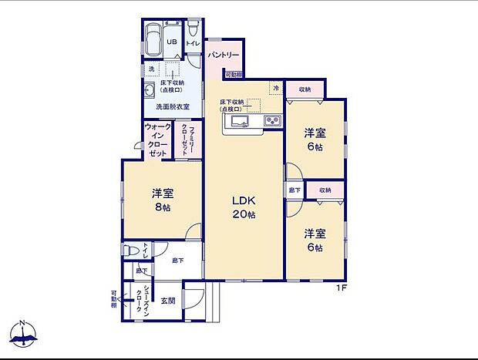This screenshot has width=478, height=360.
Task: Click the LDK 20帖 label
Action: point(244,207)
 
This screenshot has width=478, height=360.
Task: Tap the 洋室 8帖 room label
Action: point(162,199)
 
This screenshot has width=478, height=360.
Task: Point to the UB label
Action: point(172,42)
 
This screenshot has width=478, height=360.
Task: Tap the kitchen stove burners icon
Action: point(274,120)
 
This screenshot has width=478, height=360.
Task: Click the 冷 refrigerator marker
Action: point(274,89)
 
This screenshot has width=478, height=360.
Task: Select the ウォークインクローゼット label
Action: point(157,140)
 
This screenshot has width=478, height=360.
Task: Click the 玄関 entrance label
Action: point(168,300)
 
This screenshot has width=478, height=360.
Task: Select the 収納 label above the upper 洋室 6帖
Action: point(305,89)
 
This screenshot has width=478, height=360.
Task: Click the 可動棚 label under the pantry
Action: point(234,75)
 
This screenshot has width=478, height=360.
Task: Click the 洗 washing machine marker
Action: point(151,69)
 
